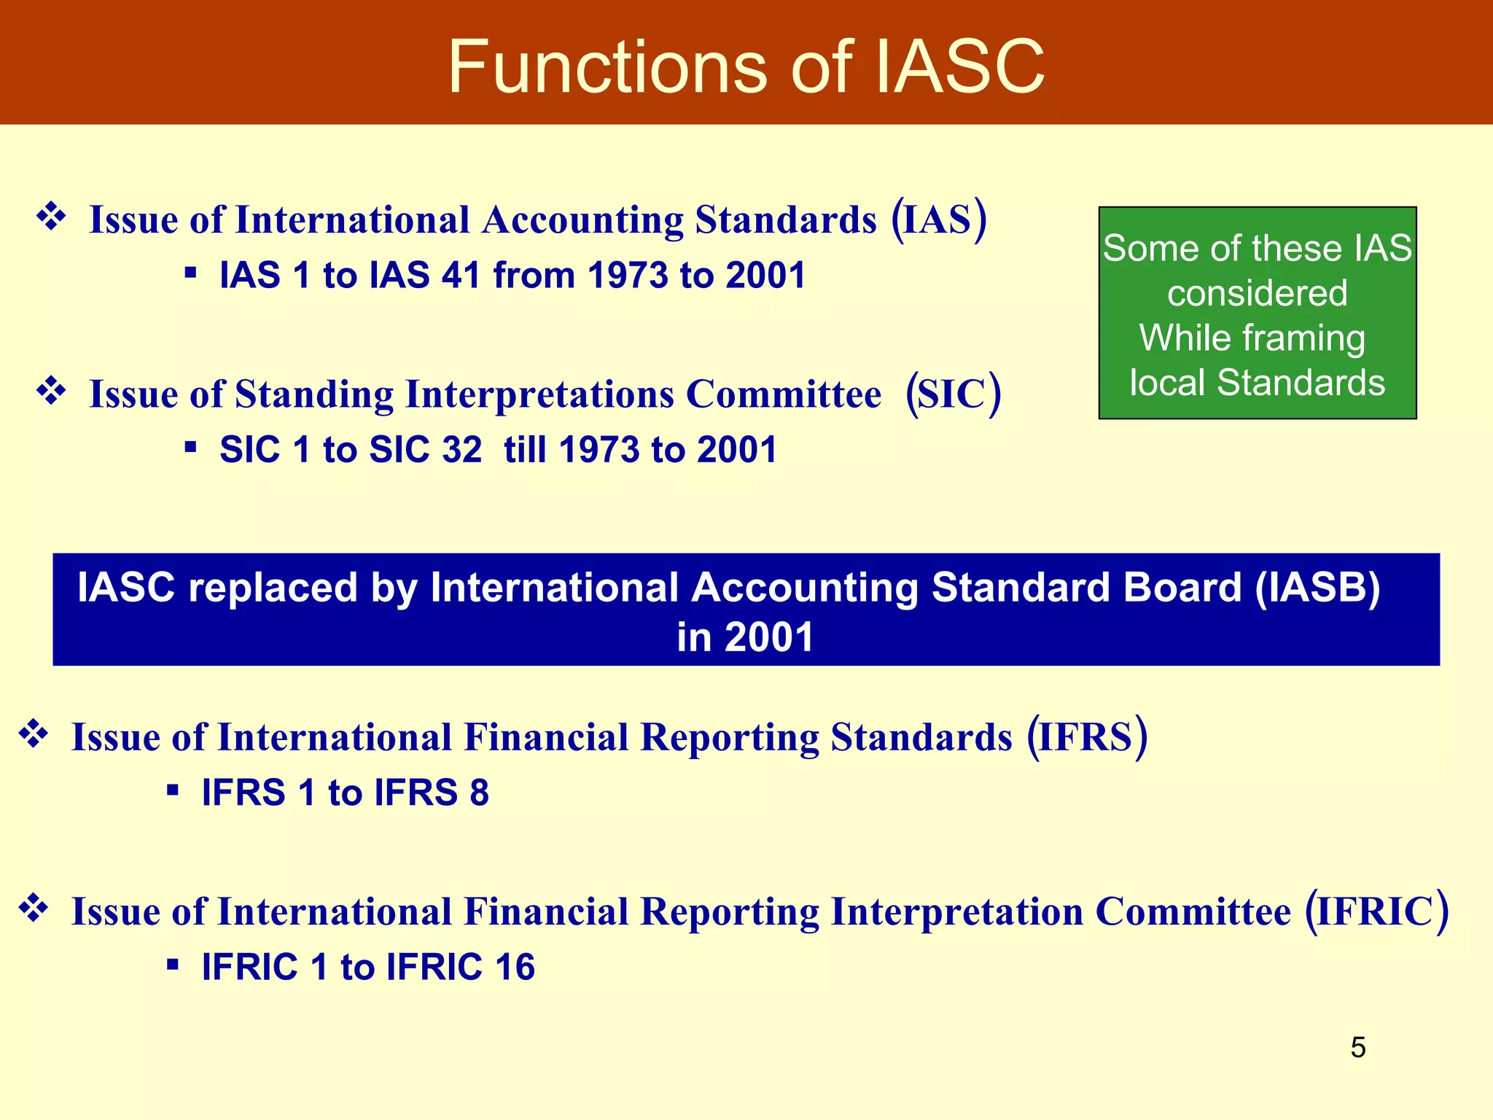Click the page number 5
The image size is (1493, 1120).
(1357, 1048)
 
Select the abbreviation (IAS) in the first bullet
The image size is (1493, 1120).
(939, 219)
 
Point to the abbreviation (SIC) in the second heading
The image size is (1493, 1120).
(954, 394)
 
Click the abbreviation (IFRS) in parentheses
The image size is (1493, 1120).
(1087, 737)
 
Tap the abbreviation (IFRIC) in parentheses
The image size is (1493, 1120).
(1376, 911)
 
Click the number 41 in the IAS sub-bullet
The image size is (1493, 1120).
(461, 276)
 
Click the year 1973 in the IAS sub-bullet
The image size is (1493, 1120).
(628, 276)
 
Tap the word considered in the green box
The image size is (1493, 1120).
(1257, 294)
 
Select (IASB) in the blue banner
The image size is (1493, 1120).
(1317, 588)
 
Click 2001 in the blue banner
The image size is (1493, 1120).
(769, 637)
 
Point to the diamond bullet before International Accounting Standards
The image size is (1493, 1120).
(51, 217)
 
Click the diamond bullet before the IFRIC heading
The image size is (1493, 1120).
(34, 909)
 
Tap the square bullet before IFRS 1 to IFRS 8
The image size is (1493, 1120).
(173, 790)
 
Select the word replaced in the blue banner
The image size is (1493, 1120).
(273, 588)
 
